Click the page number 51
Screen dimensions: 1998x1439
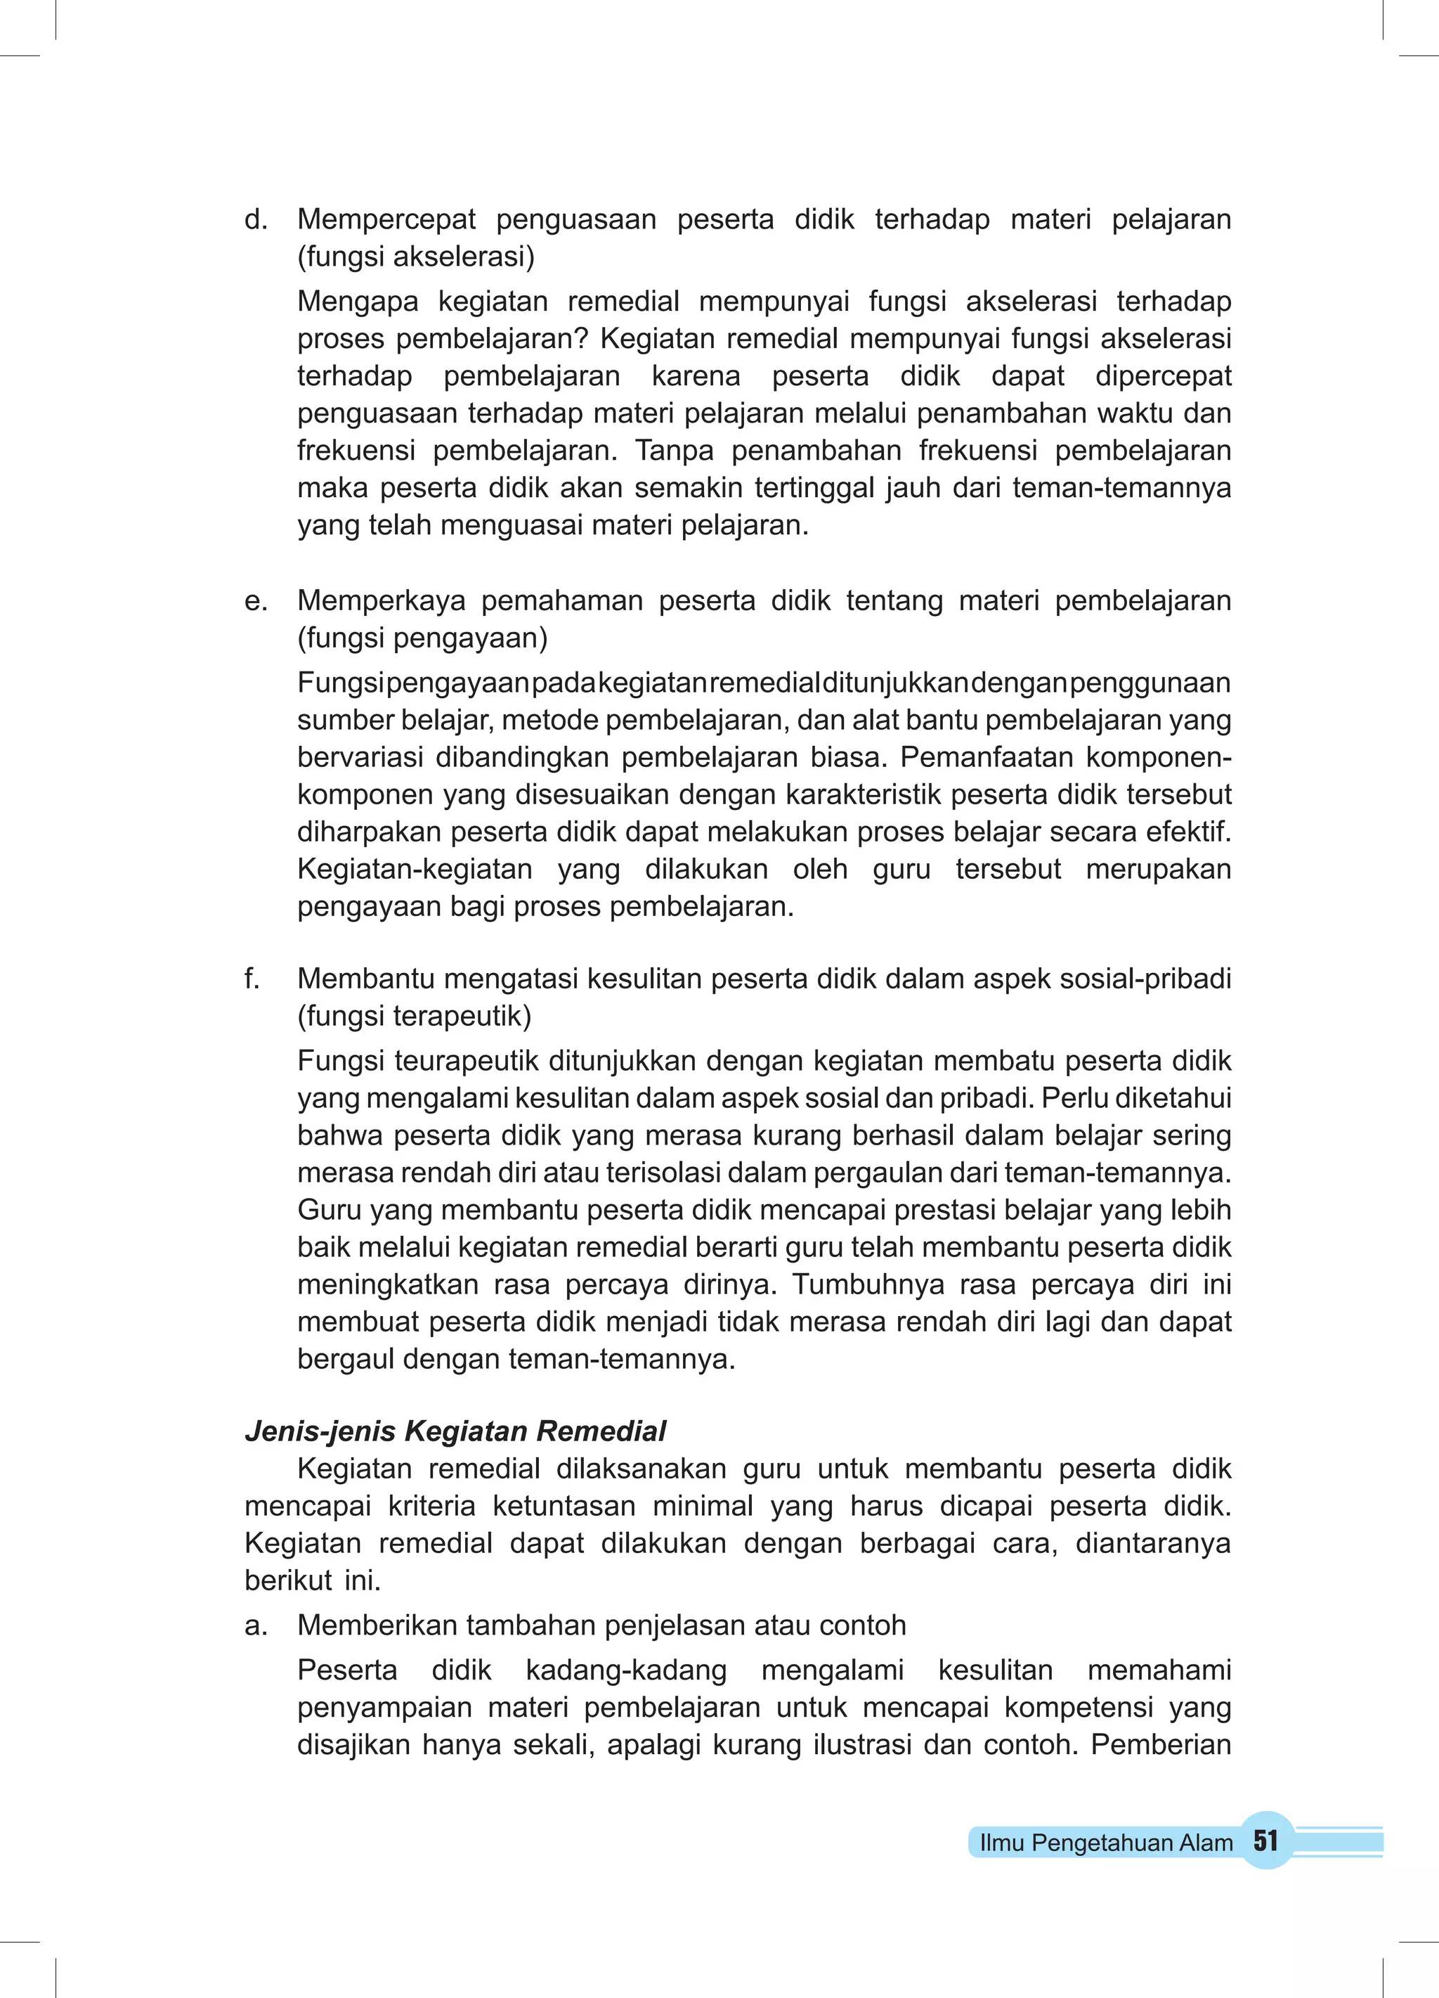pyautogui.click(x=1265, y=1841)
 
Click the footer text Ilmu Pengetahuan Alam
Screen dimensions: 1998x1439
pyautogui.click(x=1106, y=1843)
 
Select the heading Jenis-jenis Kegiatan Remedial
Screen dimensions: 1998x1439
pyautogui.click(x=455, y=1431)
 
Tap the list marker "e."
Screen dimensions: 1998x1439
pyautogui.click(x=255, y=601)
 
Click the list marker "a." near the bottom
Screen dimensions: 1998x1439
pyautogui.click(x=255, y=1625)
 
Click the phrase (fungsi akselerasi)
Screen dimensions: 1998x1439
pyautogui.click(x=416, y=257)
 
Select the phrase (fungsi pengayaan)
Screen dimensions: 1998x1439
pyautogui.click(x=422, y=638)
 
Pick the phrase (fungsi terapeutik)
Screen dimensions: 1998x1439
pyautogui.click(x=414, y=1017)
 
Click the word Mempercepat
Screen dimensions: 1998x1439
pyautogui.click(x=386, y=219)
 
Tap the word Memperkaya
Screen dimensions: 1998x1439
pyautogui.click(x=380, y=601)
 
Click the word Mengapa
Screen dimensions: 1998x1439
pyautogui.click(x=358, y=302)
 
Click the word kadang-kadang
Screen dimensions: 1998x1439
pyautogui.click(x=625, y=1670)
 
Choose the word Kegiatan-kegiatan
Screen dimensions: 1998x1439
pyautogui.click(x=414, y=870)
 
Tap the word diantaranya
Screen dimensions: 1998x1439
pyautogui.click(x=1153, y=1543)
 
